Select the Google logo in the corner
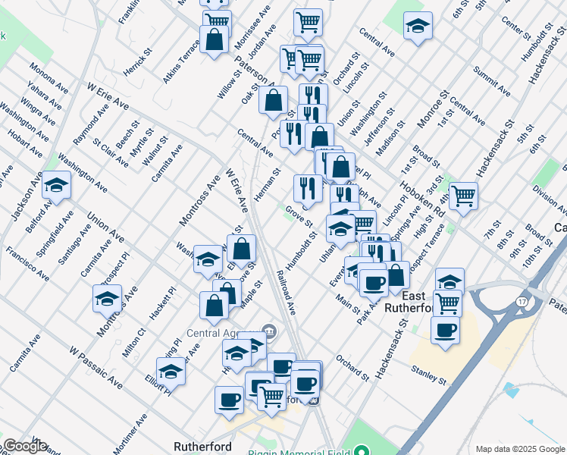(x=25, y=447)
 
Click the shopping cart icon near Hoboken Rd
(x=463, y=196)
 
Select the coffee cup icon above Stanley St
(x=445, y=331)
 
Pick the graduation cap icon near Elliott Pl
(x=171, y=373)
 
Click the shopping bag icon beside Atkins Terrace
(x=215, y=40)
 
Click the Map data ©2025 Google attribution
(x=518, y=449)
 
